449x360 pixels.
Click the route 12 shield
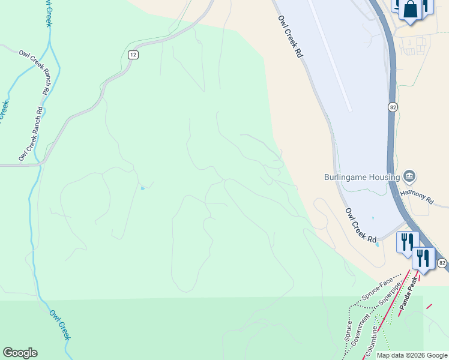133,55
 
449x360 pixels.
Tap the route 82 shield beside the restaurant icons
442,263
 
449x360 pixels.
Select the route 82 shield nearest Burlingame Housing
393,107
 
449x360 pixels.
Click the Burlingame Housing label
361,177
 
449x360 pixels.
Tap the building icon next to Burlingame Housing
410,176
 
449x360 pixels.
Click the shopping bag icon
411,10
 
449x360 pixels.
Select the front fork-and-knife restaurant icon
424,258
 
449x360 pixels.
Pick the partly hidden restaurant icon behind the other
406,241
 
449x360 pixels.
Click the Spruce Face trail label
377,289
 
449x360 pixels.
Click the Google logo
20,353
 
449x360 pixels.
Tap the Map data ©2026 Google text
412,355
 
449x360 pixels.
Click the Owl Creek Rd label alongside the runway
289,36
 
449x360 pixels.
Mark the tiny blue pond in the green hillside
142,188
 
